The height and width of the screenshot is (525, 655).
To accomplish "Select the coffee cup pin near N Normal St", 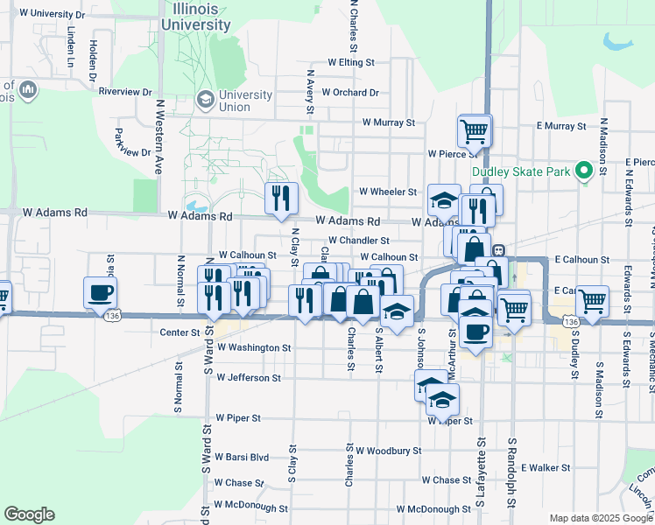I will [100, 292].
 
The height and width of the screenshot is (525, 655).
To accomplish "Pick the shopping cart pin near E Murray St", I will [474, 131].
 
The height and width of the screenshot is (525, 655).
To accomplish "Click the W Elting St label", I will [350, 63].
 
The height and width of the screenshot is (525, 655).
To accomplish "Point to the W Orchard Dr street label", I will [349, 92].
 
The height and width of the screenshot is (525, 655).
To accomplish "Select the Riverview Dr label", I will [125, 91].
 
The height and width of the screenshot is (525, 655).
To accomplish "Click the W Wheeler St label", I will [388, 192].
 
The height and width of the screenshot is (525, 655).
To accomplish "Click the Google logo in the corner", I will [29, 514].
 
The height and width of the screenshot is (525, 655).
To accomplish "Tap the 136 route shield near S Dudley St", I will [571, 323].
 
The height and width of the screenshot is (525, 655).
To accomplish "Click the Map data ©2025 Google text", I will [600, 518].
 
